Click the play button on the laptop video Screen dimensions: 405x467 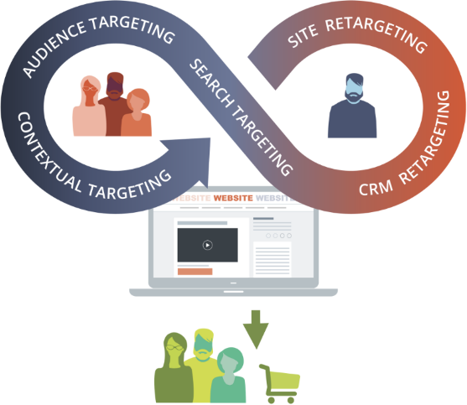pos(207,245)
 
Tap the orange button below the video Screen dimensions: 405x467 pos(195,272)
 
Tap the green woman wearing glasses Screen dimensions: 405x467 pos(174,369)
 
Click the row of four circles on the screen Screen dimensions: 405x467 pos(277,236)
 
